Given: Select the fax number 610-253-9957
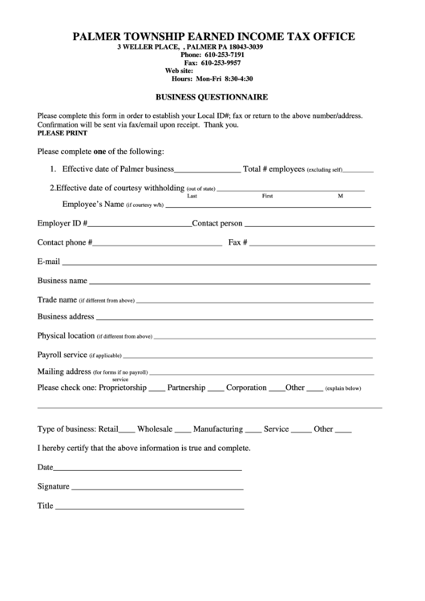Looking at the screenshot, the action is pyautogui.click(x=221, y=63).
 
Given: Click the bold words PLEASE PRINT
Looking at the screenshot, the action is pyautogui.click(x=61, y=133).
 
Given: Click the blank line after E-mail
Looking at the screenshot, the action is pyautogui.click(x=219, y=263).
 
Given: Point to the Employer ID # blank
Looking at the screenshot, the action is pyautogui.click(x=140, y=225).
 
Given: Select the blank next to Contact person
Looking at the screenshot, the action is pyautogui.click(x=310, y=225).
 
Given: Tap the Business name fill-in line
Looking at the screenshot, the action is pyautogui.click(x=229, y=283).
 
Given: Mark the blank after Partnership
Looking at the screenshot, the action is pyautogui.click(x=216, y=390).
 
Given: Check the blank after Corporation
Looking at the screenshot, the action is pyautogui.click(x=276, y=390).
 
